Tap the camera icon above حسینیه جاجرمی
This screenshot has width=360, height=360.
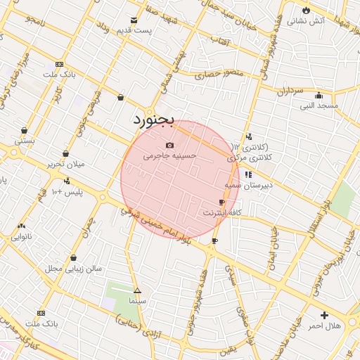point(169,145)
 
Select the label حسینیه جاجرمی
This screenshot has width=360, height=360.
point(170,156)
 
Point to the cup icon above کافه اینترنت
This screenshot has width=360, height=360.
point(222,202)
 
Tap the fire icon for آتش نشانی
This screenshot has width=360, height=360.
point(307,10)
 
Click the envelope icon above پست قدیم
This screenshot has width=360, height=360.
point(134,20)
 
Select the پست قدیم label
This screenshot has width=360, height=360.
point(134,31)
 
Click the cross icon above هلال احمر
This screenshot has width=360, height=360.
point(324,315)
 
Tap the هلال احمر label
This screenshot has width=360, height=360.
point(324,326)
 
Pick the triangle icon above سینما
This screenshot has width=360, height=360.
point(137,290)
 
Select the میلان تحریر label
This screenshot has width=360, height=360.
point(66,164)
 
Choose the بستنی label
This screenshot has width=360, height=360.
point(25,141)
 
